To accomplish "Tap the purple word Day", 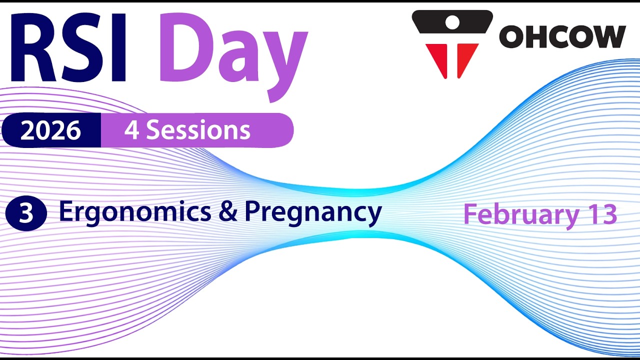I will [232, 50].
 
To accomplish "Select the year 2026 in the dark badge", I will [50, 130].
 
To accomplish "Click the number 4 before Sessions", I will [131, 130].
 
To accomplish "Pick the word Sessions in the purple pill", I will [198, 130].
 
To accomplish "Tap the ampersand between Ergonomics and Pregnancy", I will [228, 212].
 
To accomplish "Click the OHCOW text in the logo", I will [562, 36].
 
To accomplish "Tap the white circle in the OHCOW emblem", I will [452, 21].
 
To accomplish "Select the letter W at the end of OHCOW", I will [608, 36].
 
